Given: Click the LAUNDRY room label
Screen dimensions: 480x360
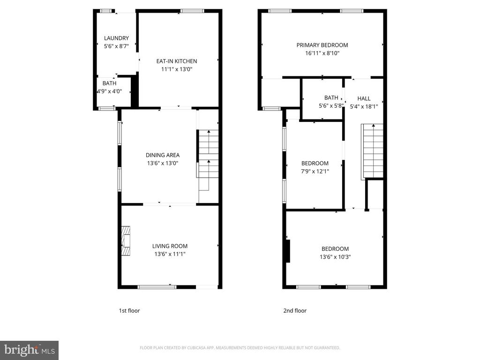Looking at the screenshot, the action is (x=116, y=38).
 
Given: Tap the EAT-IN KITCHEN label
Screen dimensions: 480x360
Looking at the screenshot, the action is (x=177, y=61).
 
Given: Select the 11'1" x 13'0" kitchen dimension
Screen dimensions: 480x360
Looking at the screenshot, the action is (x=177, y=69).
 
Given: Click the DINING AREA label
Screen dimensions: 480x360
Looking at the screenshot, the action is (x=163, y=155).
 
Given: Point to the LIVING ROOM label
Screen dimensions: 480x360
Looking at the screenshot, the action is (x=170, y=246).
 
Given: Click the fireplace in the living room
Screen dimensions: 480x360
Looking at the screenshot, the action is (x=126, y=241).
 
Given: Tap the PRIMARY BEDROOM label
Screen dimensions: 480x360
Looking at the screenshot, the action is (x=322, y=45).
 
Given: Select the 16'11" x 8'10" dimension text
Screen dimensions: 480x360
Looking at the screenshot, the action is (x=322, y=53).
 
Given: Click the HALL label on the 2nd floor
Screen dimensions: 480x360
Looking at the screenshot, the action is (x=364, y=98).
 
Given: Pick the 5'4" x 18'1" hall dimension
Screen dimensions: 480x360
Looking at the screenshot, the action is (x=364, y=106).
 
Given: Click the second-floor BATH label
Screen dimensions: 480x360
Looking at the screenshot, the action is (x=331, y=97).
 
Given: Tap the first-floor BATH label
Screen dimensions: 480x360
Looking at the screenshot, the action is (x=109, y=83).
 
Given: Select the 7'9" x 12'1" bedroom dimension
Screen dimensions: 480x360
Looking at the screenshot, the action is (x=315, y=172).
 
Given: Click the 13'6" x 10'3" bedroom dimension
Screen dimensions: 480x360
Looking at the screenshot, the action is (x=335, y=257).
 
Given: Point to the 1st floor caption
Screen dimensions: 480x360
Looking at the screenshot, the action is (x=129, y=311).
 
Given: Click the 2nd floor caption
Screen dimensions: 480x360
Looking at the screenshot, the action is (x=295, y=311).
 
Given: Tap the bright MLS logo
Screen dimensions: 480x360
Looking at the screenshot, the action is (x=30, y=350).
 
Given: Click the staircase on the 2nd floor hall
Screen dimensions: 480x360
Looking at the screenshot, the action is (x=372, y=151).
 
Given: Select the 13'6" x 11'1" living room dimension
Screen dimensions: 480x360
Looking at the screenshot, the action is (x=170, y=254).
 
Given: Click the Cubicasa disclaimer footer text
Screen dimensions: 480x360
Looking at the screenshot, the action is (x=240, y=348).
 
